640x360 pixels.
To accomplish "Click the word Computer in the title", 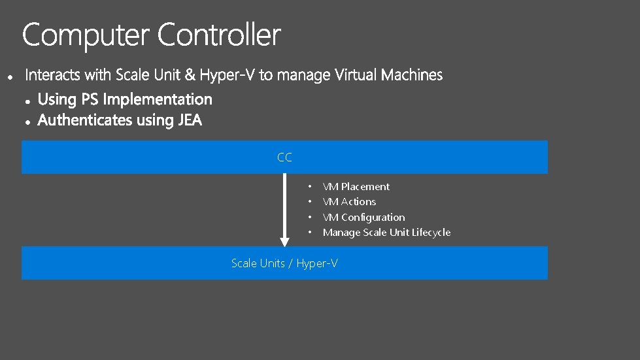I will [86, 35].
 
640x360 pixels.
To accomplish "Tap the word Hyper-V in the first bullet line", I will [227, 76].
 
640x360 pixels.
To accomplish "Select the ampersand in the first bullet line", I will [190, 76].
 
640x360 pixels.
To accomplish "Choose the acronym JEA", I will [190, 121].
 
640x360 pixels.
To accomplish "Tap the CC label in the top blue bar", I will [284, 157].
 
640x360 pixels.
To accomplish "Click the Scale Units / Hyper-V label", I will [284, 263].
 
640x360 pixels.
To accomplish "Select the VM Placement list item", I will [356, 187].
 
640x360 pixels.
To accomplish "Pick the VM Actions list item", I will [349, 202].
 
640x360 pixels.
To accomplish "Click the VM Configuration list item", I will [363, 218].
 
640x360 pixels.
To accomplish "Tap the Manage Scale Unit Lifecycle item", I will [386, 233].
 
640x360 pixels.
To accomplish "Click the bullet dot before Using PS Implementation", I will [28, 101].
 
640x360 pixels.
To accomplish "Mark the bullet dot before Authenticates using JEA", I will [28, 122].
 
